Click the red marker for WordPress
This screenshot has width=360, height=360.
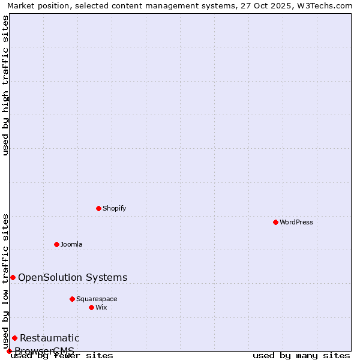click(x=275, y=222)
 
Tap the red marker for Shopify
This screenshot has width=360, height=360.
click(x=98, y=208)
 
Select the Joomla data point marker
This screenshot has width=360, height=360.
click(x=56, y=244)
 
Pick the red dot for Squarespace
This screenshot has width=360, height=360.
click(x=72, y=299)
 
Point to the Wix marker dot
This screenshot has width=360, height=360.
click(x=91, y=307)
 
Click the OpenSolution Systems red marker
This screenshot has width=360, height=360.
click(x=13, y=277)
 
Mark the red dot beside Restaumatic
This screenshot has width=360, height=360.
click(x=14, y=338)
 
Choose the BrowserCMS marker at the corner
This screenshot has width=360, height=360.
click(x=9, y=351)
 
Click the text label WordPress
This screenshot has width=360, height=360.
click(x=296, y=222)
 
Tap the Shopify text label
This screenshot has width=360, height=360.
click(x=114, y=208)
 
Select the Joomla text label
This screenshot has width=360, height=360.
click(x=71, y=244)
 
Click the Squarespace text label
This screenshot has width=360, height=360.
click(x=97, y=299)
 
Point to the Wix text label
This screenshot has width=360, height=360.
click(x=101, y=307)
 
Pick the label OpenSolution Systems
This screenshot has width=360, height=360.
click(x=73, y=277)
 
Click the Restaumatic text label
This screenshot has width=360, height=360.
click(x=49, y=338)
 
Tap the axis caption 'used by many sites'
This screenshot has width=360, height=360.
click(x=301, y=356)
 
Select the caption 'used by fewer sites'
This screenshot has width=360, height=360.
click(x=62, y=356)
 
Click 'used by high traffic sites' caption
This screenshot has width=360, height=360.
click(x=5, y=85)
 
